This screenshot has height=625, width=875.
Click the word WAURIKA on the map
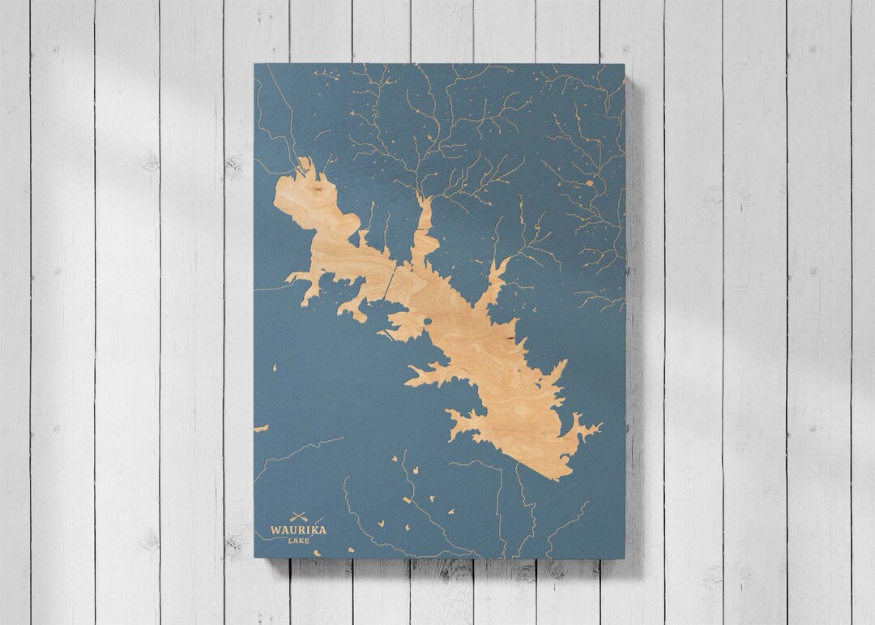(x=298, y=530)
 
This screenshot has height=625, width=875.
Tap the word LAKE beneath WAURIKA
(x=299, y=541)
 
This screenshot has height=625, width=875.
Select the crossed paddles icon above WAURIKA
(x=299, y=516)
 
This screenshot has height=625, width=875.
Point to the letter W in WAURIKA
(x=275, y=530)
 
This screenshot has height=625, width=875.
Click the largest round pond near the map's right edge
(x=589, y=183)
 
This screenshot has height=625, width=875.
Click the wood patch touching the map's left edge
(x=260, y=428)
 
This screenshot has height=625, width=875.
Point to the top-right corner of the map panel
(x=625, y=64)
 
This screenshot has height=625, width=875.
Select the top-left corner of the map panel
(x=254, y=64)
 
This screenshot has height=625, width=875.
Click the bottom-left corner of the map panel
(x=254, y=558)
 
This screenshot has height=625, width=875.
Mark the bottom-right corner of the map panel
(x=625, y=559)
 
